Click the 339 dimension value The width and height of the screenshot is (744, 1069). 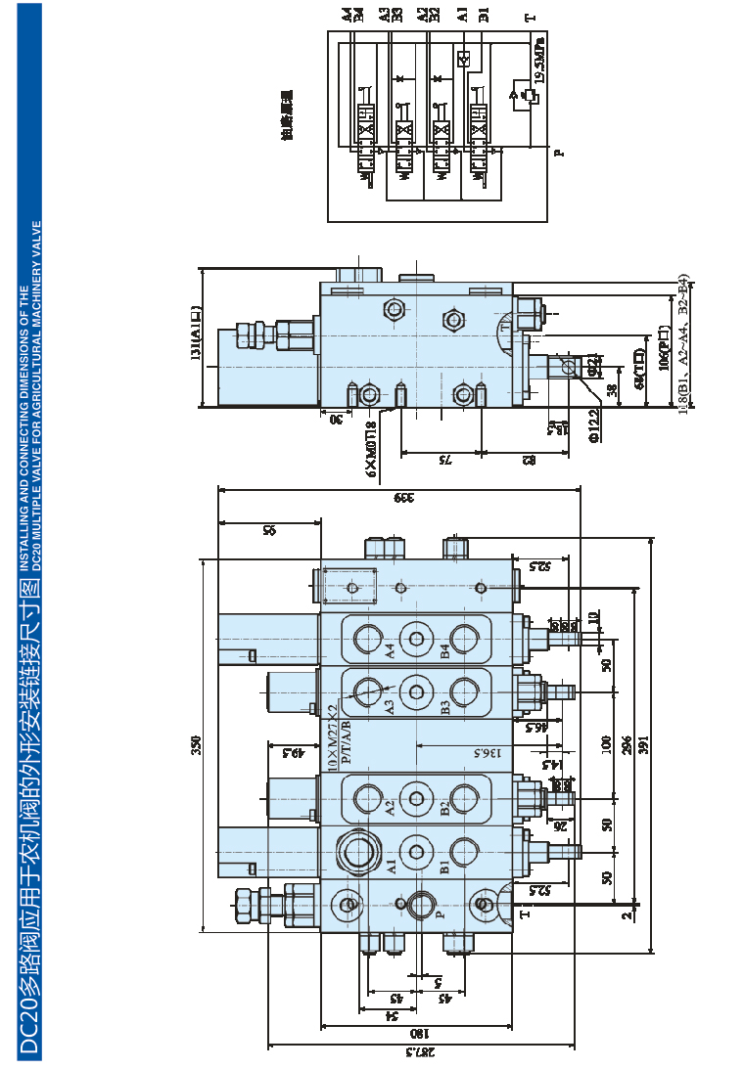400,496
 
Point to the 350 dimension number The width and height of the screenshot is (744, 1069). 196,746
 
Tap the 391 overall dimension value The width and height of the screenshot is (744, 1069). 643,744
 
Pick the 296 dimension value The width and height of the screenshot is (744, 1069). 627,744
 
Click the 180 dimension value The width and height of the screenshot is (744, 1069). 417,1034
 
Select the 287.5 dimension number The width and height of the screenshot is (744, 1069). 419,1052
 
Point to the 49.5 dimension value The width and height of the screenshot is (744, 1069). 290,753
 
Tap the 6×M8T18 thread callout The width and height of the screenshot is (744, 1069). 371,449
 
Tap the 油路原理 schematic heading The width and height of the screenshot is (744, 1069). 287,116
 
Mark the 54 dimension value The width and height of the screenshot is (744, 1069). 391,1015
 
